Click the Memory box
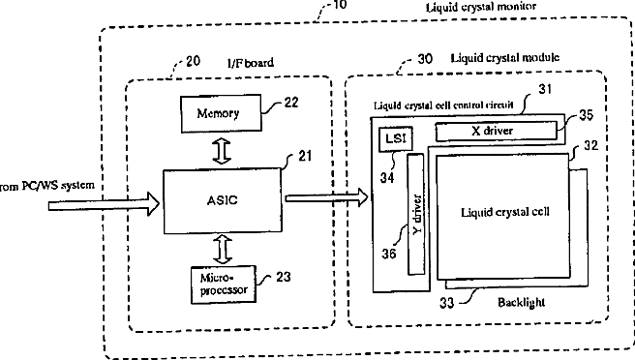pos(221,113)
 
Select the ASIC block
pos(223,201)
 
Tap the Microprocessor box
pos(224,285)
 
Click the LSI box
pos(396,139)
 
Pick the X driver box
pos(496,131)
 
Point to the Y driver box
pos(416,214)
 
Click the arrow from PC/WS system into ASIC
pos(105,204)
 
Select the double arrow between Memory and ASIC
pos(222,151)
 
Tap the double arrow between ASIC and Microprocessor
pos(223,251)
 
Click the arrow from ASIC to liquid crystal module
pos(326,197)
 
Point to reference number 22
pos(291,102)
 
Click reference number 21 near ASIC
pos(305,156)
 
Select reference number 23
pos(284,277)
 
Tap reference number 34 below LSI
pos(387,177)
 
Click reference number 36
pos(389,254)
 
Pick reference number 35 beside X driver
pos(586,115)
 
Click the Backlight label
pos(521,303)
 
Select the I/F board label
pos(251,63)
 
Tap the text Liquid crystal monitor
pos(481,7)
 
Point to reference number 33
pos(446,303)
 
